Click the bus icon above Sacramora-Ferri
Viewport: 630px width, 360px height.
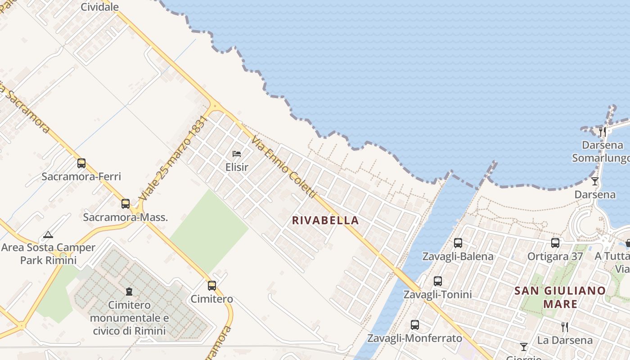click(x=81, y=163)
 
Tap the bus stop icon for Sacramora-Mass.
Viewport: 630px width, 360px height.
click(x=126, y=204)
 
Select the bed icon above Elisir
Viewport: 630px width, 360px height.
click(x=237, y=154)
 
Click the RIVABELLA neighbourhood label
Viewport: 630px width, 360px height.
click(x=325, y=220)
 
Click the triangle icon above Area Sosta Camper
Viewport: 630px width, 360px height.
click(x=48, y=234)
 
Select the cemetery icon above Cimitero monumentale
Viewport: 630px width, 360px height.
click(x=129, y=292)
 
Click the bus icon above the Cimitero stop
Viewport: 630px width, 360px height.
click(x=212, y=285)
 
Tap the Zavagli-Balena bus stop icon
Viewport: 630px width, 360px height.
click(x=458, y=243)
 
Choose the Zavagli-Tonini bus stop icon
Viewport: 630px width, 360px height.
click(x=438, y=281)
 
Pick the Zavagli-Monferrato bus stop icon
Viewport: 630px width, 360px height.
click(x=415, y=324)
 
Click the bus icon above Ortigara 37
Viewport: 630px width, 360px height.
click(x=555, y=243)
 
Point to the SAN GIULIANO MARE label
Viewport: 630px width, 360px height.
click(x=560, y=297)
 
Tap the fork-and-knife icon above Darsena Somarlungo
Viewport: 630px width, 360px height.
click(x=603, y=132)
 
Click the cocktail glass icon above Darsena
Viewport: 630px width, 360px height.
click(x=595, y=181)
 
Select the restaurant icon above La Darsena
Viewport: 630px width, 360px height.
click(x=564, y=327)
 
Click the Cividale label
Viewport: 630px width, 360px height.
click(x=100, y=7)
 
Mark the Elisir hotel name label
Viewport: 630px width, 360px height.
click(x=237, y=167)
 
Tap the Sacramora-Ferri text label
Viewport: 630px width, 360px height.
click(x=81, y=176)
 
